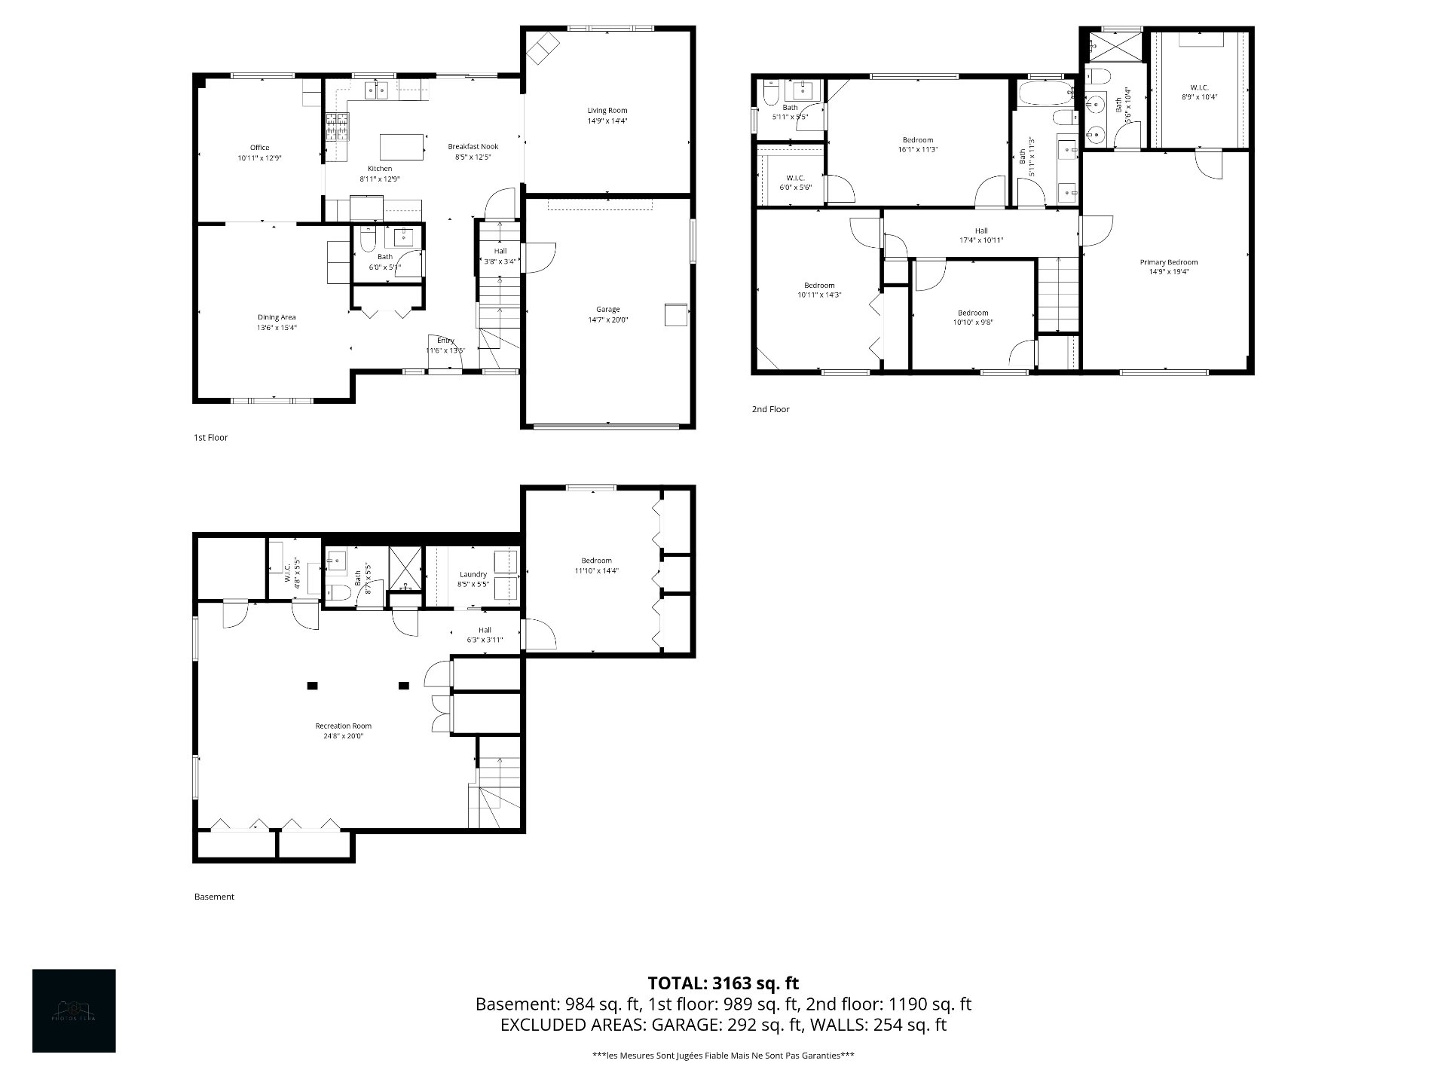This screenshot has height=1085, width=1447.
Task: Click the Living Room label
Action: [x=607, y=111]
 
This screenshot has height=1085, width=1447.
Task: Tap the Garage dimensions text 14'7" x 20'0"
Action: [x=607, y=320]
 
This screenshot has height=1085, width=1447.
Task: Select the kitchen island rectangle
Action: [x=401, y=147]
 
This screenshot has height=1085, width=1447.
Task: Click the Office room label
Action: [x=259, y=148]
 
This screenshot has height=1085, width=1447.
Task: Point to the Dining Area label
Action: [x=277, y=317]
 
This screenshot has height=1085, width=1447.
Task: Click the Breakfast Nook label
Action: [x=473, y=147]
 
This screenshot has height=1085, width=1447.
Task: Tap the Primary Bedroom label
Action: [x=1168, y=262]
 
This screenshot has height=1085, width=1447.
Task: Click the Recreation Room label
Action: [x=343, y=726]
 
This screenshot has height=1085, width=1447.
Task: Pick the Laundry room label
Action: [x=473, y=574]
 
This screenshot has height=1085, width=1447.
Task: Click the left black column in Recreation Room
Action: [x=312, y=686]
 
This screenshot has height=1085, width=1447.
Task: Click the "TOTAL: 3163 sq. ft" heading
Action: [x=723, y=983]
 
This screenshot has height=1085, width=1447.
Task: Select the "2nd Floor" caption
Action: [x=770, y=409]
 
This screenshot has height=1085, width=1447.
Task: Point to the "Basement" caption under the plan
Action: [x=214, y=897]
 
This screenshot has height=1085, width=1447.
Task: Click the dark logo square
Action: [x=74, y=1010]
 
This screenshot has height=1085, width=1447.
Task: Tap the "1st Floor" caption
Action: [x=210, y=437]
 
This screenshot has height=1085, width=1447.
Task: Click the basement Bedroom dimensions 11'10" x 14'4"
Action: [x=596, y=571]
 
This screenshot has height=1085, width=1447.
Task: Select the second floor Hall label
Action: [x=980, y=231]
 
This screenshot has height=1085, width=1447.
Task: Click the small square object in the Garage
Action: [x=676, y=315]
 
